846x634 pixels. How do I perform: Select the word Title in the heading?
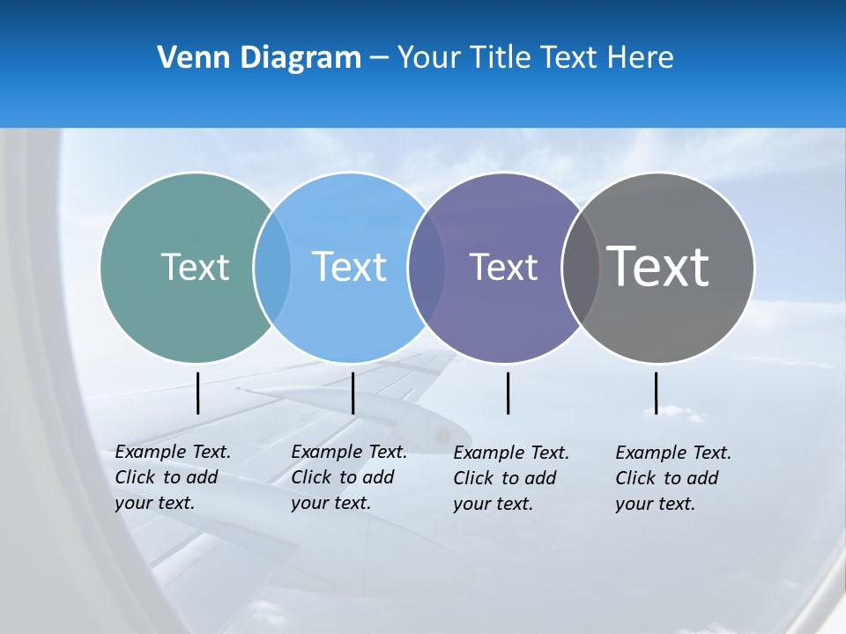coord(500,58)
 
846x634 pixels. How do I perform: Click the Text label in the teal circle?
coord(195,267)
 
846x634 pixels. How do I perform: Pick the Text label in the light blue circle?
coord(350,267)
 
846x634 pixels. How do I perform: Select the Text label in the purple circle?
coord(503,267)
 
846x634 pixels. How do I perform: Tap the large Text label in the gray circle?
coord(658,267)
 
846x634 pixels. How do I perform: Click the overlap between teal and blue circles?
coord(272,267)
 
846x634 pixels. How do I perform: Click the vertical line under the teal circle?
coord(198,393)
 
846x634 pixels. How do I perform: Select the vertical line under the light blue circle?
coord(352,393)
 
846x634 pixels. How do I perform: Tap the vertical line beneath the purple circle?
coord(508,393)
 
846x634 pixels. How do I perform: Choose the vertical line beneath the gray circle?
coord(656,393)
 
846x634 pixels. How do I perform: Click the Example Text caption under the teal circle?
coord(173,477)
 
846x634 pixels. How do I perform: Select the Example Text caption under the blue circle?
coord(349,477)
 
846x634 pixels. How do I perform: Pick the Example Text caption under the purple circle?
coord(511,478)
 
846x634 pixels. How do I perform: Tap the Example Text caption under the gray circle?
coord(673,478)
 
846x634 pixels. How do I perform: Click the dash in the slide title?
coord(379,58)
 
